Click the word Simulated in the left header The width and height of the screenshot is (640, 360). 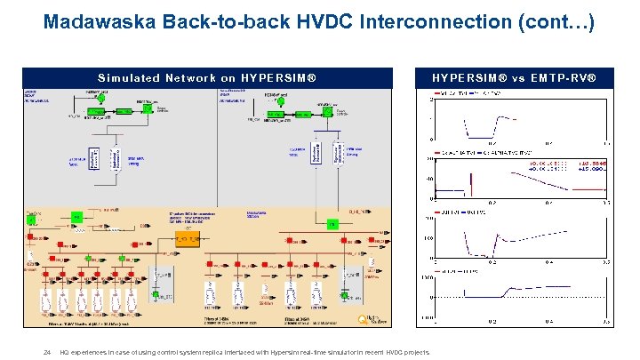coord(132,77)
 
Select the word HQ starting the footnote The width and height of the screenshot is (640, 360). coord(64,352)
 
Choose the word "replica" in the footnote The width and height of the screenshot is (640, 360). coord(205,352)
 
